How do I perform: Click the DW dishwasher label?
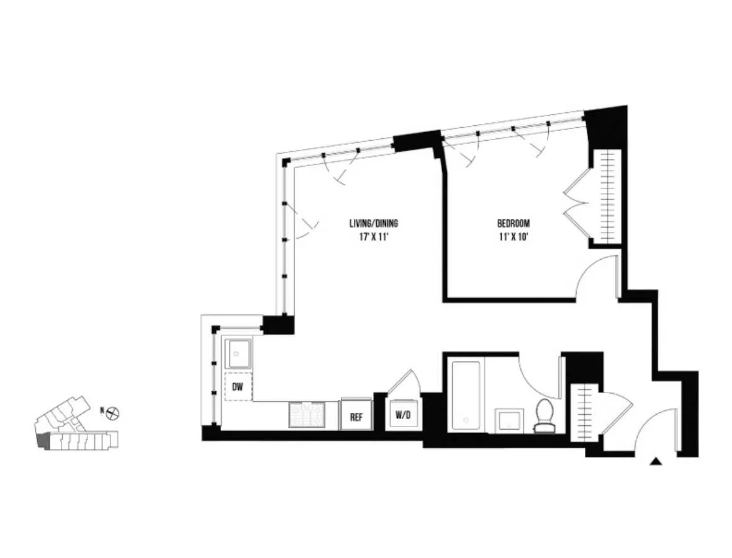pos(237,387)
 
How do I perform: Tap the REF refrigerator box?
pos(356,416)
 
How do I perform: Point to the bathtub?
pos(466,396)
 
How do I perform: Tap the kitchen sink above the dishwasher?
pos(237,354)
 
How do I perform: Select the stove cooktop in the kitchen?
pos(308,414)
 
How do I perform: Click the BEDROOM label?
pos(513,223)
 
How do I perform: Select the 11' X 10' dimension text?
pos(513,236)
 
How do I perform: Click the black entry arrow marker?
pos(654,461)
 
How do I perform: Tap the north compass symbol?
pos(114,412)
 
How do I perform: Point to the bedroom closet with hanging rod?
pos(607,197)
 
